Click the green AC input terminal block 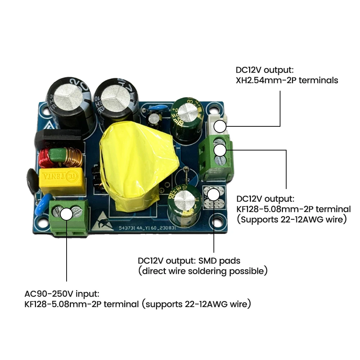(70, 218)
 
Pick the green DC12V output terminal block (216, 158)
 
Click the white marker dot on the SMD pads (214, 195)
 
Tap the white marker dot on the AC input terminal (67, 214)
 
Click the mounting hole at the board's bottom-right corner (219, 218)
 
